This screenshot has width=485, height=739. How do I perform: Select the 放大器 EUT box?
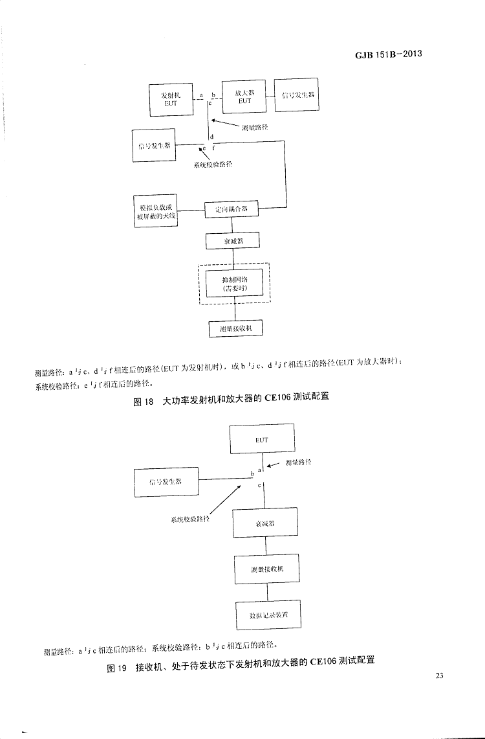pos(244,97)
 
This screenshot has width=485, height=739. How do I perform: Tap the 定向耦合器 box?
pos(232,209)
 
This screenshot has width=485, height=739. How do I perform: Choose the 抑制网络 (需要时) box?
pos(234,283)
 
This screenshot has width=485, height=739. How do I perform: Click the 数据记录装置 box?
pos(267,614)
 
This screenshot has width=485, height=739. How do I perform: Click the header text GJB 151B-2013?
pos(388,54)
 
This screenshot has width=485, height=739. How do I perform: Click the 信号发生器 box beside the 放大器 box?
pos(297,95)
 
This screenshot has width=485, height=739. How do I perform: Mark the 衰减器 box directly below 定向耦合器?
pos(232,241)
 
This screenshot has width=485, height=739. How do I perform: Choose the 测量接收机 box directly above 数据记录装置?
pos(266,569)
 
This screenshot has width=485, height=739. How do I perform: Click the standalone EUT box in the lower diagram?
pos(262,439)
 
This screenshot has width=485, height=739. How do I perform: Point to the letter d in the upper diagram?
pos(211,137)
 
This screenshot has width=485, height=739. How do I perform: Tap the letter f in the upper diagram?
pos(214,148)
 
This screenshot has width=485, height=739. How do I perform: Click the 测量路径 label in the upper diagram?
pos(255,128)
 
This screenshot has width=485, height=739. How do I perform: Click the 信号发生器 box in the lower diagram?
pos(166,482)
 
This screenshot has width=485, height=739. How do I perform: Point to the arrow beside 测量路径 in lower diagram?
pos(274,464)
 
